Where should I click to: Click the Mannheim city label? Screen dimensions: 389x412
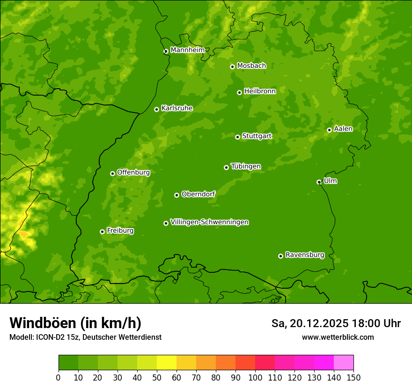[187, 50]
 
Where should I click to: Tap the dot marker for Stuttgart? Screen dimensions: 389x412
[238, 137]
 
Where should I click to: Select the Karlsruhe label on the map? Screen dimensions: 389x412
[177, 108]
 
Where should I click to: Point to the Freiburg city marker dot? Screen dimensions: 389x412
[102, 232]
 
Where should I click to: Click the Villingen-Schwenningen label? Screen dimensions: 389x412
[209, 222]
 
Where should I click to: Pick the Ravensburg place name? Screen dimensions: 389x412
[304, 255]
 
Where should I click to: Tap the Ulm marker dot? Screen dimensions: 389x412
[319, 182]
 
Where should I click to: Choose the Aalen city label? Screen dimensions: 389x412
[343, 129]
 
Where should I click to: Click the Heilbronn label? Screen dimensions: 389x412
[260, 91]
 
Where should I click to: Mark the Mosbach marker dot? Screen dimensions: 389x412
[232, 67]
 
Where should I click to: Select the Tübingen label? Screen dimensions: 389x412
[246, 166]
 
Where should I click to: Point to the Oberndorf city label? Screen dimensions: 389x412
[198, 194]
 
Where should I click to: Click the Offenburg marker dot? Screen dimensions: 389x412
[112, 173]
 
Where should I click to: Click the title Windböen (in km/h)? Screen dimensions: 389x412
[75, 323]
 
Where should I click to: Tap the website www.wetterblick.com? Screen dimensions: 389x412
[338, 337]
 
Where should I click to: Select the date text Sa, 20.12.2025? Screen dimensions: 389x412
[309, 323]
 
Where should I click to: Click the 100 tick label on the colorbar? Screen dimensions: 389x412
[255, 377]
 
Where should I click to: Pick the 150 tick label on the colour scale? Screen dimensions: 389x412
[353, 377]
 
